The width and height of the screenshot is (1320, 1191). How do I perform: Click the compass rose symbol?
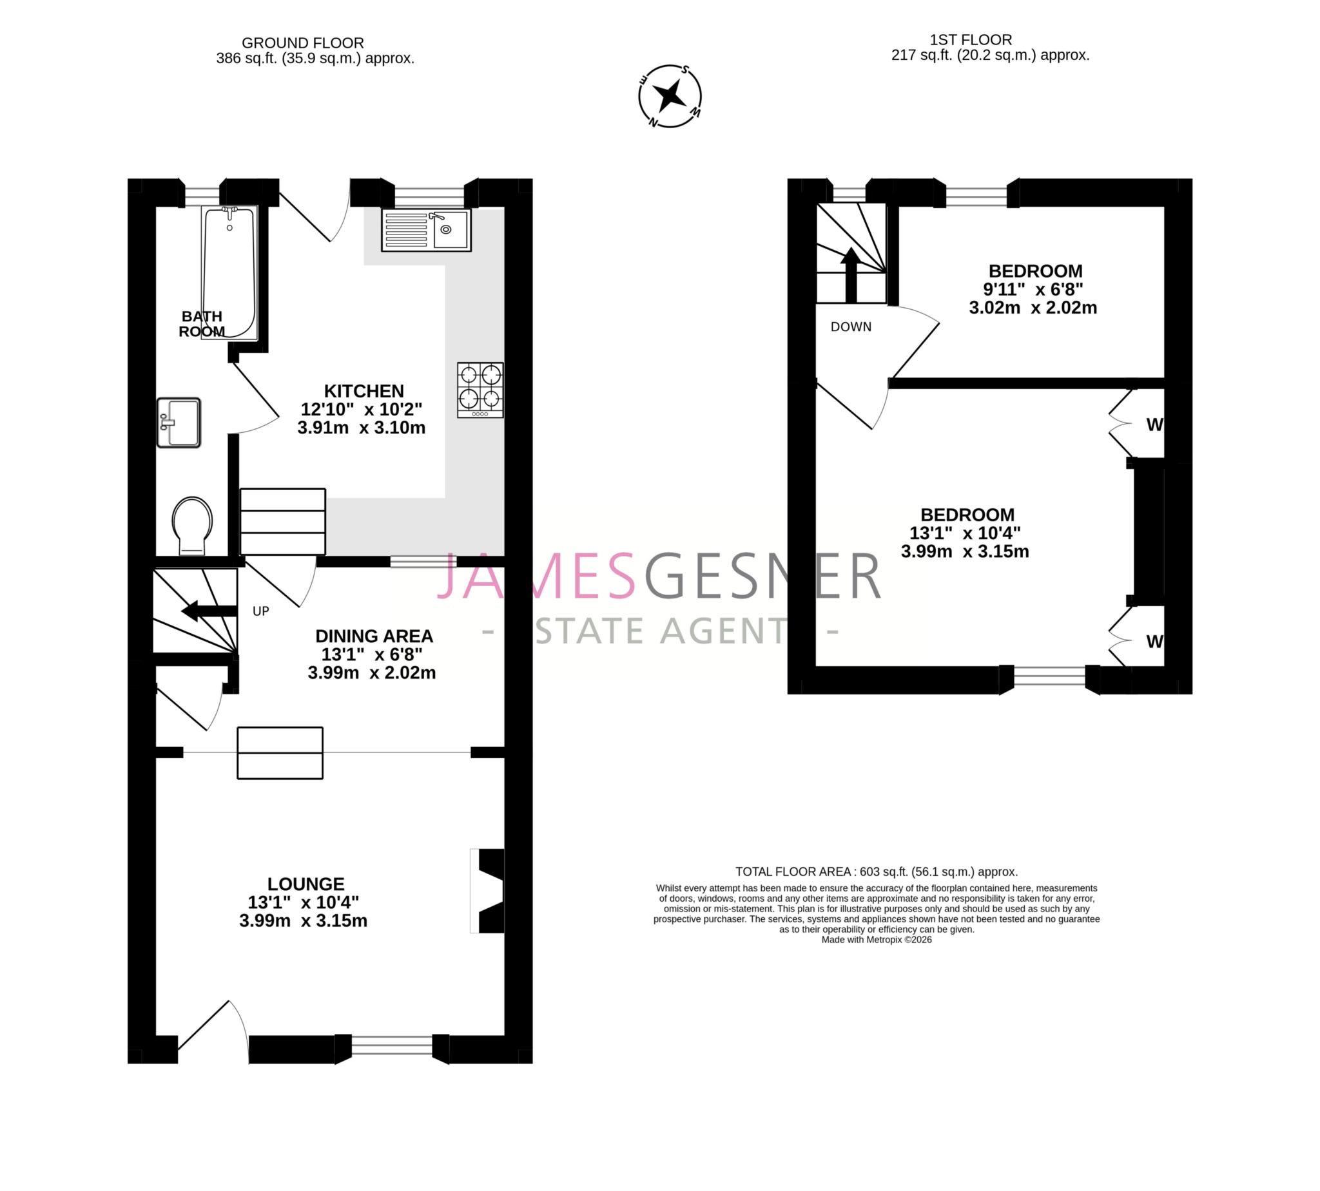[670, 96]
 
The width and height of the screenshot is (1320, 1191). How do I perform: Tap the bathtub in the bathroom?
[229, 272]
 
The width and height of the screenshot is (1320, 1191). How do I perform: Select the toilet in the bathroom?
[192, 525]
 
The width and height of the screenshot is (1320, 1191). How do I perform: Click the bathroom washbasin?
[179, 423]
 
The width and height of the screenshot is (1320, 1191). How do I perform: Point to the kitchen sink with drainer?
[426, 230]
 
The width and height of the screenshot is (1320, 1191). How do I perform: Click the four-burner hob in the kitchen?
[480, 390]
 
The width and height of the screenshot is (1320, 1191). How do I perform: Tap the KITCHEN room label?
[364, 392]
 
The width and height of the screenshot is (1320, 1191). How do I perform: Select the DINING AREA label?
[374, 636]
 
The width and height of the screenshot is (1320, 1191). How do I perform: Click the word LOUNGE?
[305, 884]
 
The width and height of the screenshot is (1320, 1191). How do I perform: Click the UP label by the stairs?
[260, 611]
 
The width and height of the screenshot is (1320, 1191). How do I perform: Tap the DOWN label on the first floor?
[851, 327]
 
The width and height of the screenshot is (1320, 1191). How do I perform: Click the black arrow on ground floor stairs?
[208, 611]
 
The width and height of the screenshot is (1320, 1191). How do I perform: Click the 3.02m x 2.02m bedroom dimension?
[1033, 307]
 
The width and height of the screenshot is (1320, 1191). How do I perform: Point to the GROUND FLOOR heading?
[302, 43]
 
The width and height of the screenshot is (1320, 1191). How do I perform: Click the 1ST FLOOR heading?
[971, 40]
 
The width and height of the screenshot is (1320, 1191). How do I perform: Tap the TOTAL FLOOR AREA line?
[876, 872]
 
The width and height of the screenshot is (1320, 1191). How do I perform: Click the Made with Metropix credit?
[876, 940]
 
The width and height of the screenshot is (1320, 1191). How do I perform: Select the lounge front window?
[391, 1045]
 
